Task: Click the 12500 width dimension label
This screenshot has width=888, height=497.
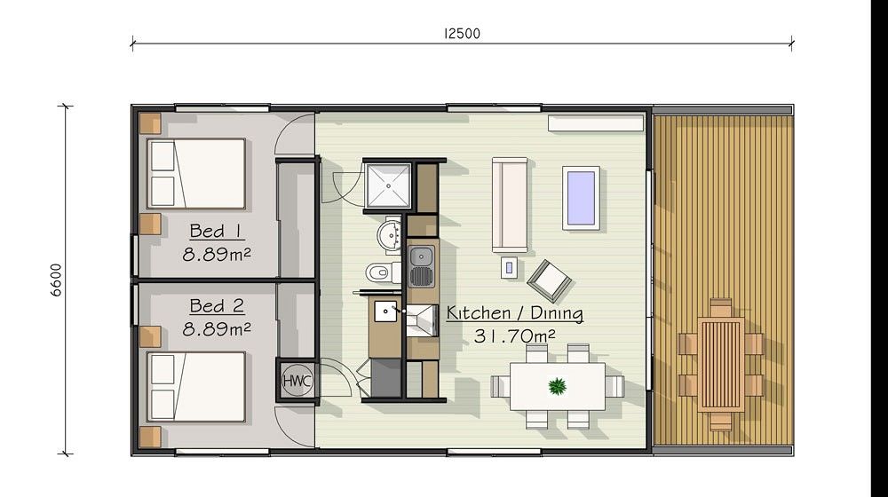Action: (x=462, y=34)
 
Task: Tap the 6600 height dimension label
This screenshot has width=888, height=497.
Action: (x=56, y=280)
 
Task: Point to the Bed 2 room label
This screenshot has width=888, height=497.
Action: (x=217, y=306)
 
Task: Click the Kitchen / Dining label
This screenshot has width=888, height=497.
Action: (x=515, y=313)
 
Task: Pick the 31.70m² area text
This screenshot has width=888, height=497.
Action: (x=514, y=335)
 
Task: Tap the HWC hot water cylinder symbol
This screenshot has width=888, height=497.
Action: (x=297, y=381)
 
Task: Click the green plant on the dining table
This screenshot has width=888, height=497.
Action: (x=558, y=387)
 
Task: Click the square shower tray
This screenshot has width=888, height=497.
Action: (x=388, y=185)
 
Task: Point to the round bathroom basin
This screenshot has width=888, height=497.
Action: (x=389, y=233)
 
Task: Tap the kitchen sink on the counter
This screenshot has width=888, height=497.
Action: (x=421, y=266)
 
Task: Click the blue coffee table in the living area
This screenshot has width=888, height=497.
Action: (x=581, y=198)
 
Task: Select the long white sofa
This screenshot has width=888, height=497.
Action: (x=510, y=204)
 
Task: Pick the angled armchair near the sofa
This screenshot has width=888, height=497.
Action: (x=549, y=280)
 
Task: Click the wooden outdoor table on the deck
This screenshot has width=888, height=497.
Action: (x=720, y=365)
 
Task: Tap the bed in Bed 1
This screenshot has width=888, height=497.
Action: (x=196, y=174)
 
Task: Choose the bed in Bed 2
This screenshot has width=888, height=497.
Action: (x=196, y=387)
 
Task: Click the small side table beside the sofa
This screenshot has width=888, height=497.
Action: (x=509, y=268)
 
